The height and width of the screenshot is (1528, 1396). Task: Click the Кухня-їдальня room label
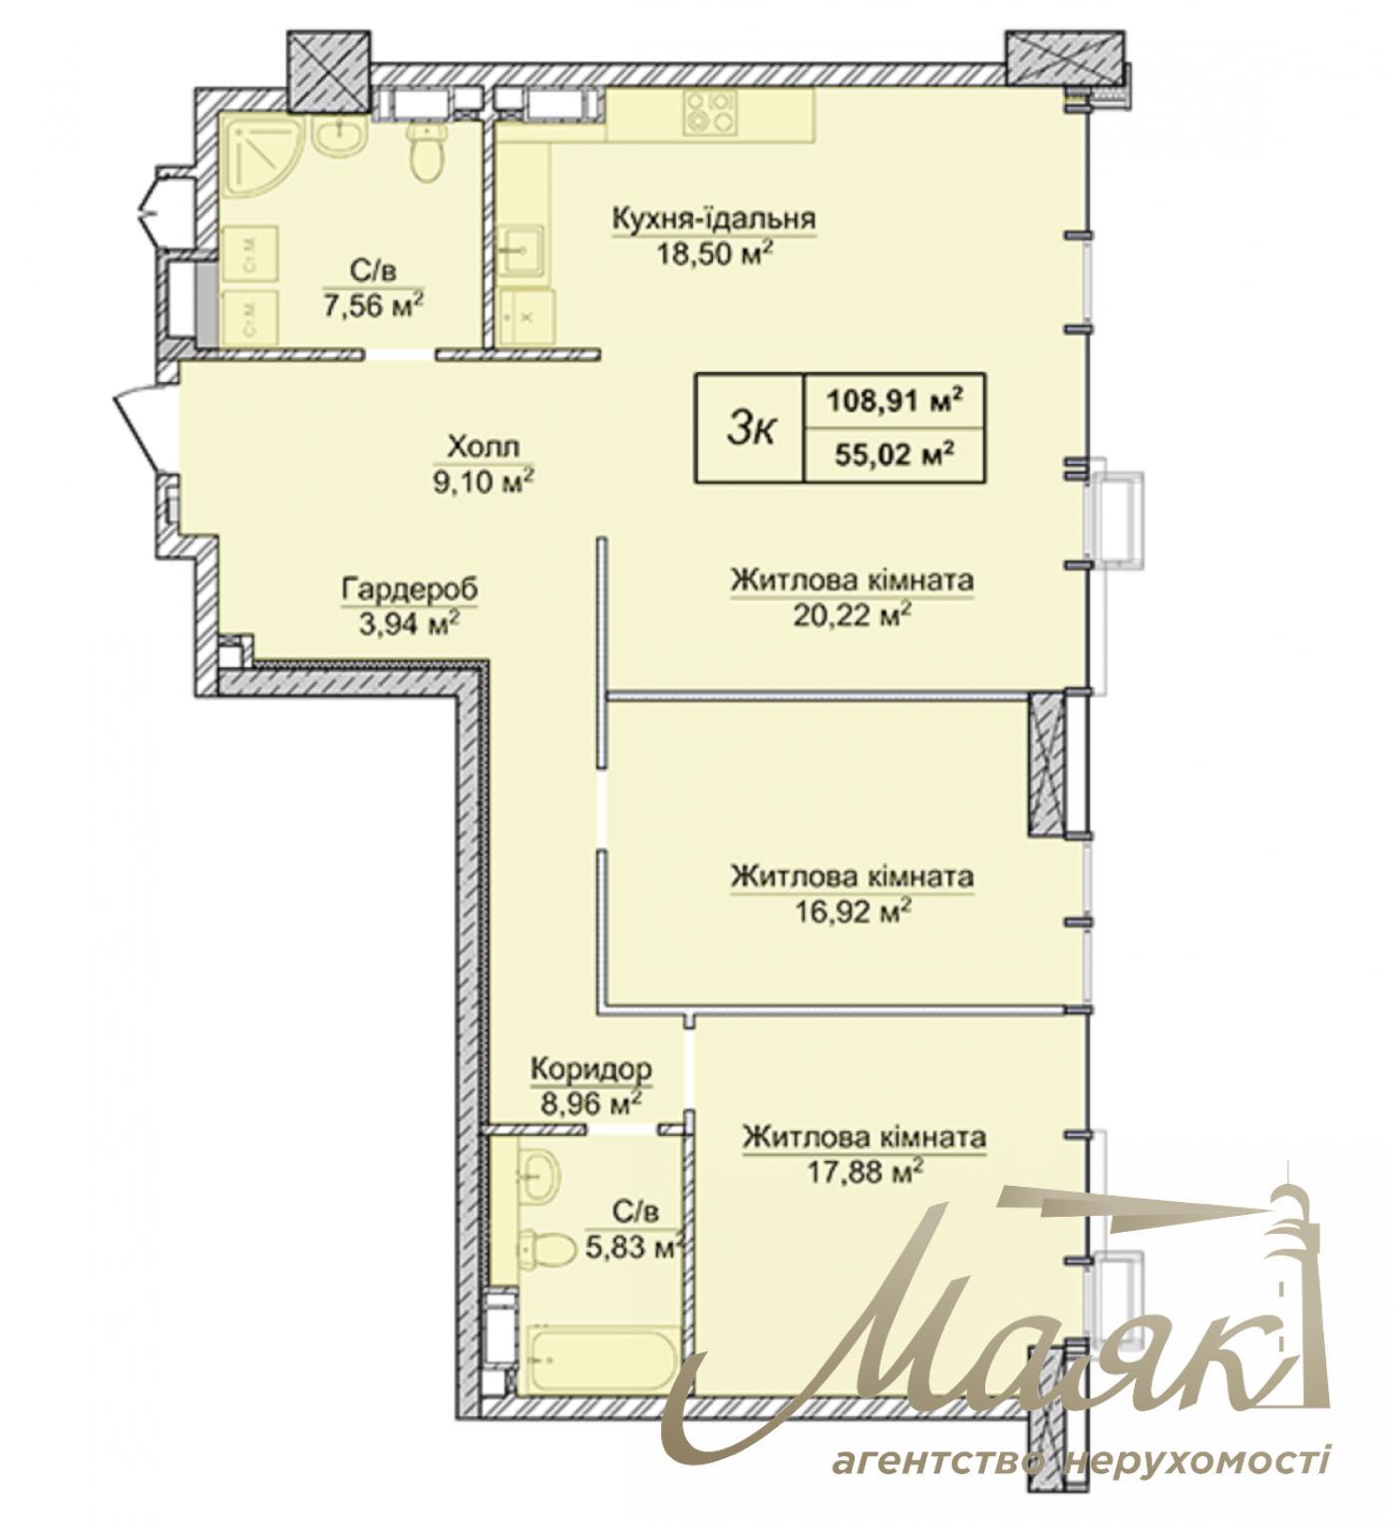[x=714, y=218]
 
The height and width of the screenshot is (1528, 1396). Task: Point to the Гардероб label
[x=410, y=588]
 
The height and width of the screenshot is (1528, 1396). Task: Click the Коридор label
[x=590, y=1070]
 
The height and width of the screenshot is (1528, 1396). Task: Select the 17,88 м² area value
[x=865, y=1172]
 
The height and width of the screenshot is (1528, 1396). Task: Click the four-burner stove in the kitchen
[x=710, y=112]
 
